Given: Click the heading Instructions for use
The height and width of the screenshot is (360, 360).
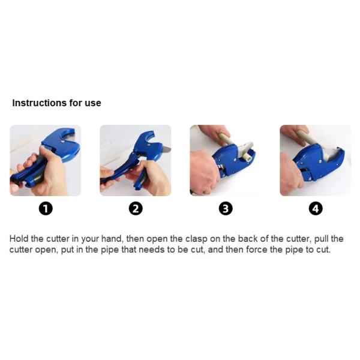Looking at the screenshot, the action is click(x=56, y=103).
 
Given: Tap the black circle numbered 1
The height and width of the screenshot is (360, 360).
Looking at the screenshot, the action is click(x=46, y=209).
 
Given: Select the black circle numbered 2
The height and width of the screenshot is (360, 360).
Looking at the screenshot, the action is click(x=136, y=209).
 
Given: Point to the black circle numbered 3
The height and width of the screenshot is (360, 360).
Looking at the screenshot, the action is click(x=226, y=209).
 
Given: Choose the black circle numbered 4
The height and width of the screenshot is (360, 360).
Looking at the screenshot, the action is click(x=316, y=209).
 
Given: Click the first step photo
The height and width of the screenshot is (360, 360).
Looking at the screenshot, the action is click(x=46, y=160).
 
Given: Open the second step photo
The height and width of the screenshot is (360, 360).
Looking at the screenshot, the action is click(x=136, y=160).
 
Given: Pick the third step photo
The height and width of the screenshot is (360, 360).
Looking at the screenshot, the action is click(x=226, y=160).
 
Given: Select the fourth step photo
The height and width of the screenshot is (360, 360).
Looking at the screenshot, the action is click(x=316, y=160).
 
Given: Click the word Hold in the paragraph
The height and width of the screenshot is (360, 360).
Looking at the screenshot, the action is click(x=19, y=239).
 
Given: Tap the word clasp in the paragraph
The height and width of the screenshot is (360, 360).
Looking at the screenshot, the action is click(x=196, y=239).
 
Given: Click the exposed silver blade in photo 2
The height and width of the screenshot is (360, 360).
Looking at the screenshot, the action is click(x=167, y=149).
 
